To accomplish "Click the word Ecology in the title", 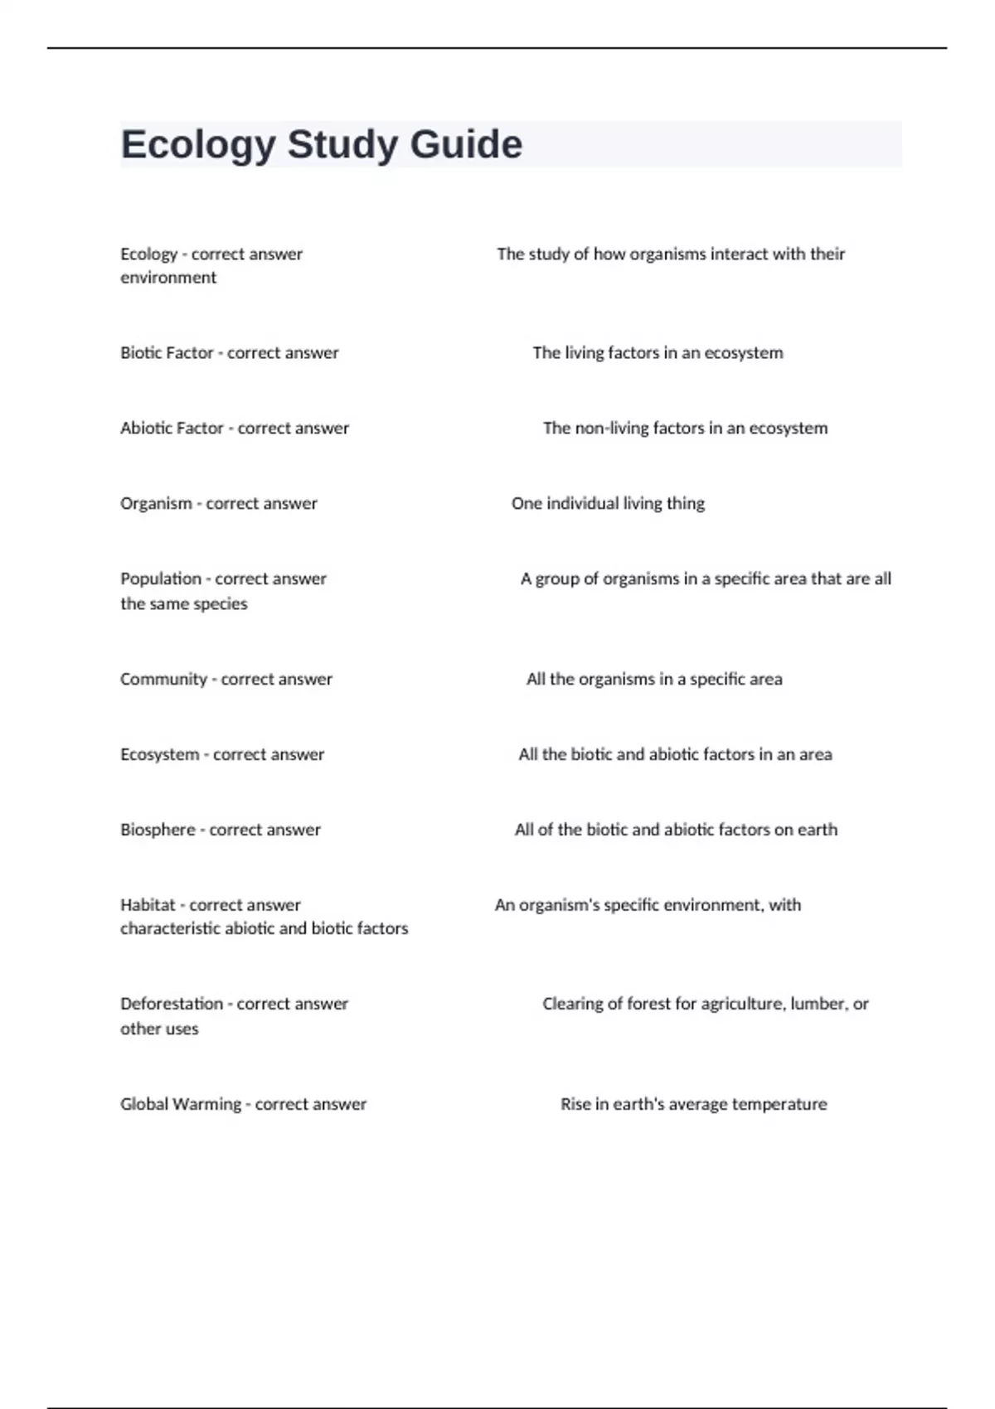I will coord(198,145).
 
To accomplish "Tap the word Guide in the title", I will coord(466,144).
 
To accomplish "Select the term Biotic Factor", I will coord(167,353).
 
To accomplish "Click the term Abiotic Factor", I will coord(172,429).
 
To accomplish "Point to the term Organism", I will coord(156,504).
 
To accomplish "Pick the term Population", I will coord(161,579).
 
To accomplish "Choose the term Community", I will coord(163,680).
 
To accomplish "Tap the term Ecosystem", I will coord(159,755).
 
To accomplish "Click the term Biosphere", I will coord(158,830).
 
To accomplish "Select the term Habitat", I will coord(148,905).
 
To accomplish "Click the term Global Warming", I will coord(180,1104).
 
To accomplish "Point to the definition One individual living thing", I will coord(608,504).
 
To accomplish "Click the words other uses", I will coord(159,1029).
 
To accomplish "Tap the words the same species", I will coord(183,604).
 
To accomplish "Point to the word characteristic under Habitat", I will coord(172,929).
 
